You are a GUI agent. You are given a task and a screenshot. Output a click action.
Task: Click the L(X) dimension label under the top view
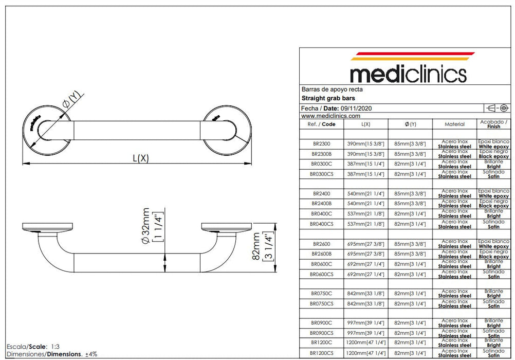(x=140, y=158)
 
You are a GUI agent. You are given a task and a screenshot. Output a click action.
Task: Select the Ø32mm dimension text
(x=147, y=226)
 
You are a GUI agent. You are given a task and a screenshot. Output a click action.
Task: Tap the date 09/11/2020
(x=356, y=108)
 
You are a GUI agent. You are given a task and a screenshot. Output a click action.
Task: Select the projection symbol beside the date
(x=498, y=108)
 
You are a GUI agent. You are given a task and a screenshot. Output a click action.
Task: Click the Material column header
(x=454, y=124)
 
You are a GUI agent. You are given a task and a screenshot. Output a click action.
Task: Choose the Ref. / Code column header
(x=321, y=124)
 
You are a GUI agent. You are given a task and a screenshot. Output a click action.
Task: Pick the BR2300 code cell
(x=321, y=144)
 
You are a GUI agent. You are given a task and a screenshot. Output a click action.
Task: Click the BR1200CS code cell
(x=321, y=353)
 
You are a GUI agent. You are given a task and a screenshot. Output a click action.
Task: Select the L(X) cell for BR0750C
(x=366, y=293)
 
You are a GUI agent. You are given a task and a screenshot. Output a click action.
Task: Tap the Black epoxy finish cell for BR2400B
(x=493, y=204)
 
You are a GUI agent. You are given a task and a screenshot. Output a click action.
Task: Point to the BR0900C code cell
(x=321, y=323)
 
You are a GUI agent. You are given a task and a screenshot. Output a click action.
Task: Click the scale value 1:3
(x=55, y=346)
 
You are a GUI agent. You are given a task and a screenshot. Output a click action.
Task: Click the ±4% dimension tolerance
(x=91, y=354)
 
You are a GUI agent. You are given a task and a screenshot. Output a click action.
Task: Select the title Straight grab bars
(x=328, y=98)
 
